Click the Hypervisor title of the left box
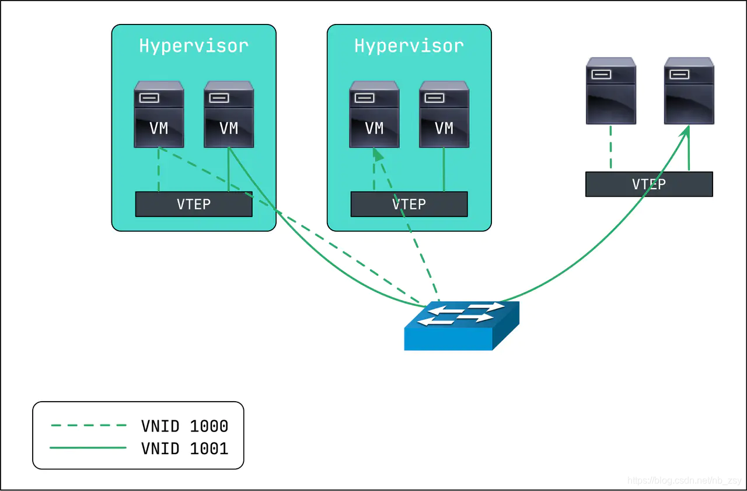(194, 46)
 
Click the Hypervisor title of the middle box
(409, 46)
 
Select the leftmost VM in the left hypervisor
(159, 114)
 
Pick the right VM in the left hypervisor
(229, 114)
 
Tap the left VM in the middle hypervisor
(374, 114)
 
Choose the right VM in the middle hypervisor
(444, 114)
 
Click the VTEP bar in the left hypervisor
(194, 204)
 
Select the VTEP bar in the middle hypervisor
(409, 204)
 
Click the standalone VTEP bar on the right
(649, 184)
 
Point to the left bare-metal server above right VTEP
(610, 91)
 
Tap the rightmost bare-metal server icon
(689, 91)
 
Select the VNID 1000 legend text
(184, 426)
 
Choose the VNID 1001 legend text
(184, 448)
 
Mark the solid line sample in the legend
(89, 448)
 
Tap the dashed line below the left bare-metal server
(610, 148)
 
